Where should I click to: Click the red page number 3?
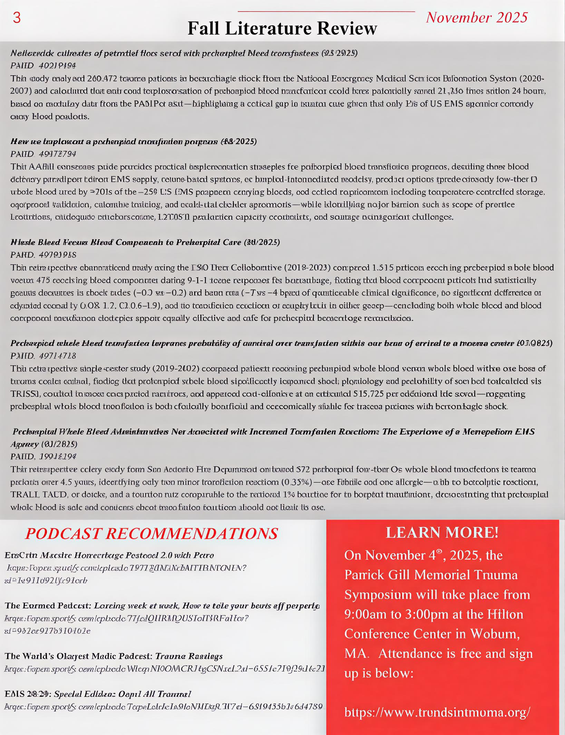point(17,18)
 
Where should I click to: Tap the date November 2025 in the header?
point(477,18)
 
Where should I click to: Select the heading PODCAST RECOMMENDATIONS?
point(151,534)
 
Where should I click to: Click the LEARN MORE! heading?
point(442,533)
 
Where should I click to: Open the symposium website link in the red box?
point(437,712)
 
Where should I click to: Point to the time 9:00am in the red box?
point(366,614)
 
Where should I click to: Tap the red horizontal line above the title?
point(326,12)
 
